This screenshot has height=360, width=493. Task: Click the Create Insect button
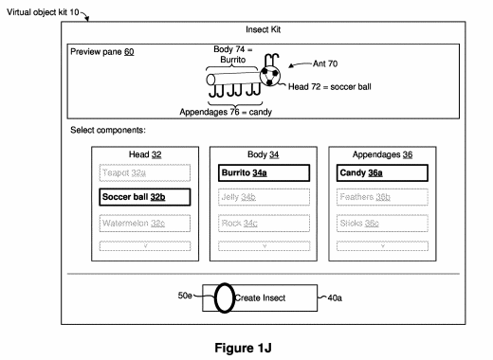(261, 297)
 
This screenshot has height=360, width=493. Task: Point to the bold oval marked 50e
(224, 297)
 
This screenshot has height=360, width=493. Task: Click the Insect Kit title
(261, 30)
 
